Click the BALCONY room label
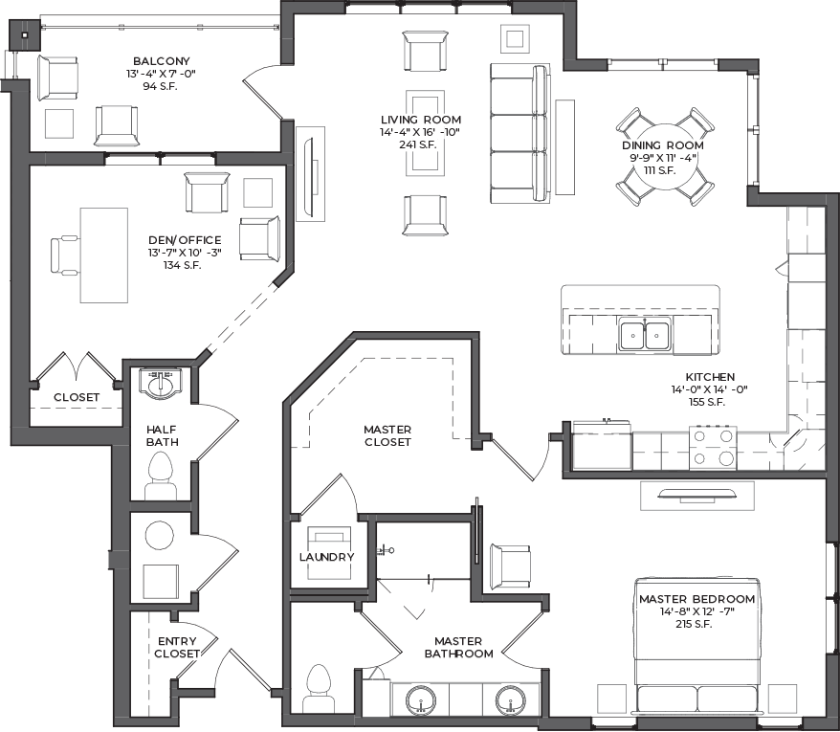click(x=162, y=61)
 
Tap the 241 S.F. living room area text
click(x=418, y=144)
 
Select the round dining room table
click(x=665, y=157)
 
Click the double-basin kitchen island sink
click(x=645, y=334)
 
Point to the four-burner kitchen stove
click(x=713, y=448)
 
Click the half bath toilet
click(x=160, y=476)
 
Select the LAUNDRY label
click(x=327, y=557)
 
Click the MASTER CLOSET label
click(x=387, y=435)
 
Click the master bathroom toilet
click(x=319, y=689)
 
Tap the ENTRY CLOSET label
click(x=177, y=648)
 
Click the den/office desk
click(x=104, y=255)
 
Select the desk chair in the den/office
click(x=65, y=255)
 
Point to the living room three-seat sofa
click(x=520, y=133)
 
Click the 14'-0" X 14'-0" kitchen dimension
click(x=709, y=389)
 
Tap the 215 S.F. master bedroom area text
click(x=695, y=624)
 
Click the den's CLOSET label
click(x=77, y=397)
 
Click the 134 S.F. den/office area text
click(x=182, y=265)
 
